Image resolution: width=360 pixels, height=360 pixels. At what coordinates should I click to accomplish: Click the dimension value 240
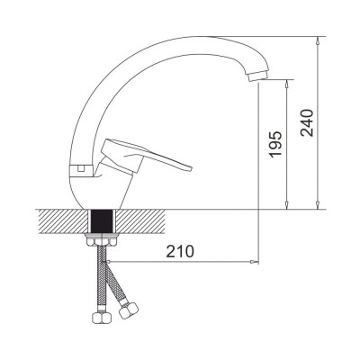(x=307, y=123)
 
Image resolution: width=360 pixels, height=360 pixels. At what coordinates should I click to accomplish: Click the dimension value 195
(x=275, y=144)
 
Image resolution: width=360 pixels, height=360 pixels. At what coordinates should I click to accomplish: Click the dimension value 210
(x=180, y=251)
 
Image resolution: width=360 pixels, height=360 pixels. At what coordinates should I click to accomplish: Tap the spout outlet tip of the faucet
(x=257, y=76)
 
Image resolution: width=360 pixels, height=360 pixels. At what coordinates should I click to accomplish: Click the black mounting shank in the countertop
(x=103, y=221)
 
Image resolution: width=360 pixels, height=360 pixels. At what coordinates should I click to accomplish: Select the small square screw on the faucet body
(x=81, y=168)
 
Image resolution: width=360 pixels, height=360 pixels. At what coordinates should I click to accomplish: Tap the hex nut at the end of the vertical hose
(x=101, y=318)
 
